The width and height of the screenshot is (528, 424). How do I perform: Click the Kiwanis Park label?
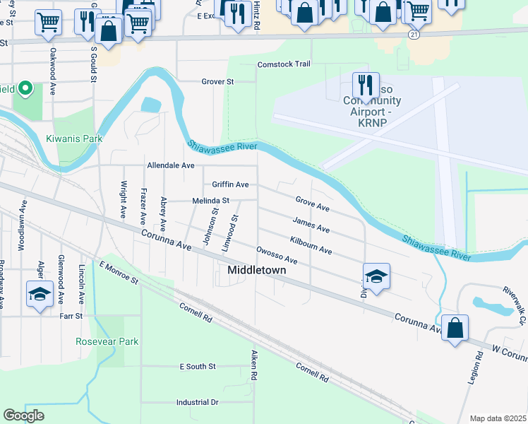(74, 139)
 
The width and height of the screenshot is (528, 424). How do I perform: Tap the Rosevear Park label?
(107, 341)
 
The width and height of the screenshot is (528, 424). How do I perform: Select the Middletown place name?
(256, 270)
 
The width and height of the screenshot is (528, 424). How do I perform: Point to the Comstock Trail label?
(284, 64)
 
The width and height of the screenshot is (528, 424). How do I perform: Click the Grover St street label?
(217, 82)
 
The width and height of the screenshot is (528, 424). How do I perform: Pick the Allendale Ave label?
(170, 165)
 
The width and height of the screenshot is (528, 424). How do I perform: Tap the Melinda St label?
(211, 201)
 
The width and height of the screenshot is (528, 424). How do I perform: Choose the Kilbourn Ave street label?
(311, 246)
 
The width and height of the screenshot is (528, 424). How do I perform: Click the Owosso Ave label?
(277, 255)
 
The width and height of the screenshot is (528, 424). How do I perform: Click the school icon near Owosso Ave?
(376, 276)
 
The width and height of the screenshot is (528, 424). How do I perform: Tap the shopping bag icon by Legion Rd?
(455, 328)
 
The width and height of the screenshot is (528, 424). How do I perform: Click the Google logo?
(24, 416)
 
